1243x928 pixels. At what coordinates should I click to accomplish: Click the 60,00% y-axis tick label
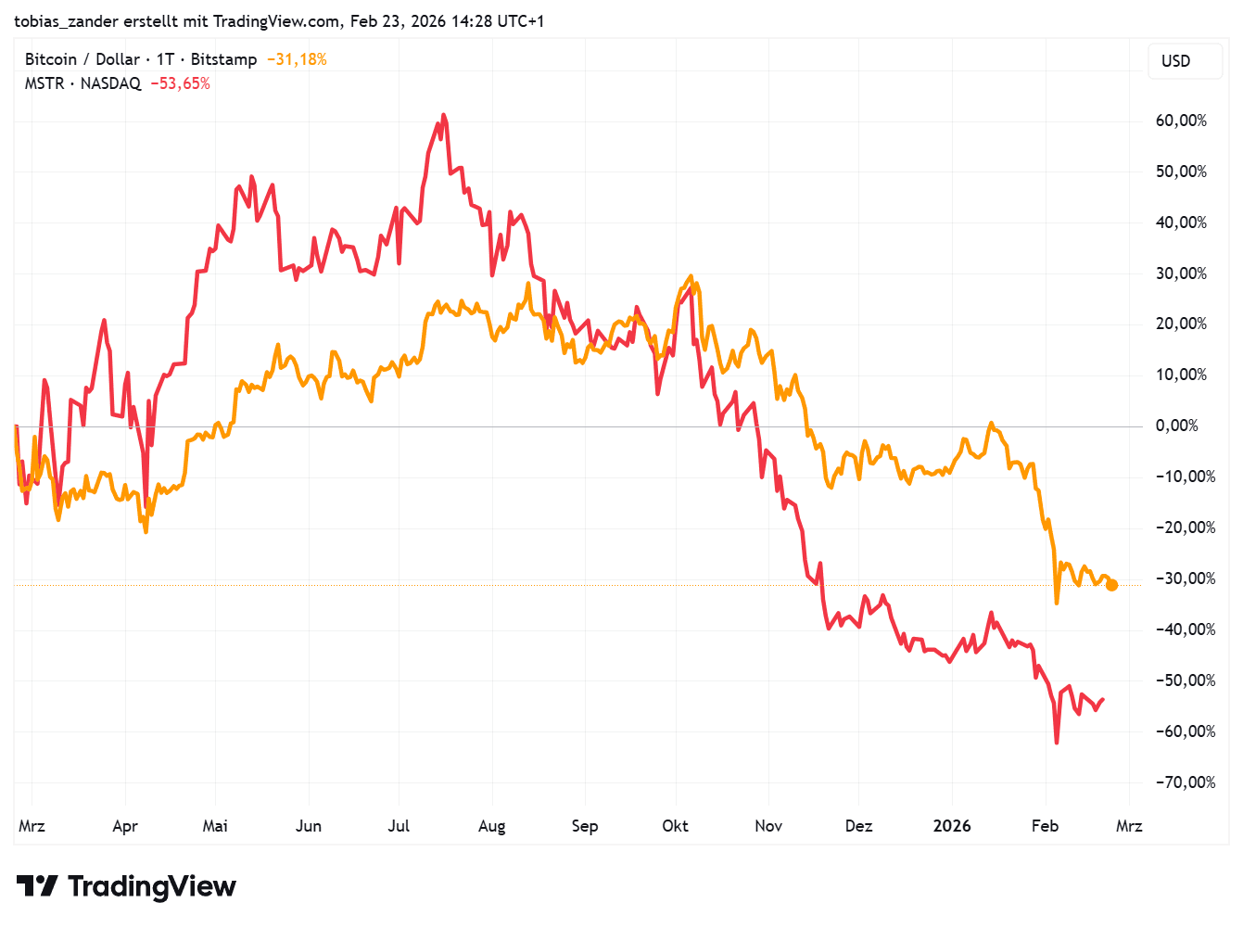click(1180, 121)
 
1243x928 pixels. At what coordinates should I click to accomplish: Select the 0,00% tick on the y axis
click(1176, 426)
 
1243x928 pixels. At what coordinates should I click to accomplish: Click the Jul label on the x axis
click(399, 826)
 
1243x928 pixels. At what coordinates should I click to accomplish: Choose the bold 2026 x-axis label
click(952, 826)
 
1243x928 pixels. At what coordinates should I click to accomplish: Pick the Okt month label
click(675, 826)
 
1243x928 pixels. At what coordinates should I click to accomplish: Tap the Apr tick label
click(125, 826)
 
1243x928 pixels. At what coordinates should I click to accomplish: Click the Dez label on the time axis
click(858, 826)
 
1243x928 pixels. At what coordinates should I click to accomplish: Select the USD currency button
click(1175, 61)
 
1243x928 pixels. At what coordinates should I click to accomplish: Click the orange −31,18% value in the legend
click(297, 59)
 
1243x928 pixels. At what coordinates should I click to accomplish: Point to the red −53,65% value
click(180, 83)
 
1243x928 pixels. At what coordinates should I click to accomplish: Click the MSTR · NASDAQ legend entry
click(82, 83)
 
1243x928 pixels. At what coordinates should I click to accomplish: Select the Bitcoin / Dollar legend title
click(82, 59)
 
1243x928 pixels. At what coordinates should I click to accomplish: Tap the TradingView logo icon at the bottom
click(38, 886)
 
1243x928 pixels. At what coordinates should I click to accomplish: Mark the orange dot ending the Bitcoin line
click(1111, 585)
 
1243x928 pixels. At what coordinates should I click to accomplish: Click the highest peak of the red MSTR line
click(444, 115)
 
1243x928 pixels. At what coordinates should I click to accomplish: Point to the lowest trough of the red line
click(1057, 743)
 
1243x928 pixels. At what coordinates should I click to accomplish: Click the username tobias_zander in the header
click(67, 20)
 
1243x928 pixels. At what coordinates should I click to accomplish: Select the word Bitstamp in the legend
click(223, 59)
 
